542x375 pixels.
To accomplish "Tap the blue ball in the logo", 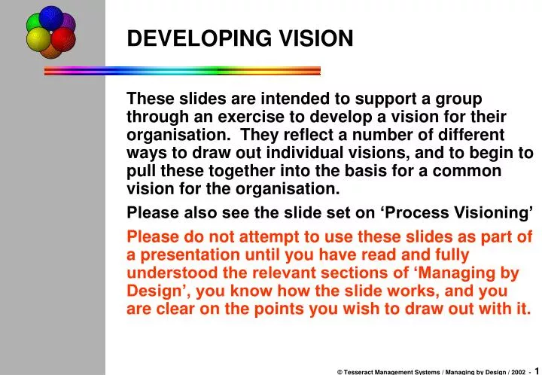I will point(50,17).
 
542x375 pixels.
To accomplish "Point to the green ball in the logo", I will point(35,24).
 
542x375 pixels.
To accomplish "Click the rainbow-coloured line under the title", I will point(182,71).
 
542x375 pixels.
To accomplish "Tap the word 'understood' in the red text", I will point(169,273).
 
